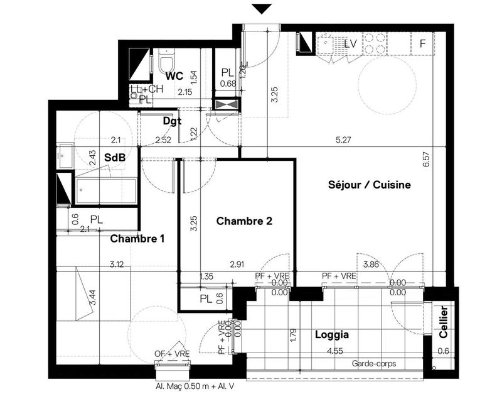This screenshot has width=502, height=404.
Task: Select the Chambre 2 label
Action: click(x=244, y=221)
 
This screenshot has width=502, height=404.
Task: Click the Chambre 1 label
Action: click(x=137, y=239)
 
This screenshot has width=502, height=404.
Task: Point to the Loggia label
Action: click(x=331, y=335)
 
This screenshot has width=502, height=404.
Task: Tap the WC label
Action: click(x=174, y=76)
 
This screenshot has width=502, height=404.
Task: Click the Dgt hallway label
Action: click(x=172, y=121)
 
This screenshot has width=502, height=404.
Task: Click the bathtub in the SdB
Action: click(x=105, y=191)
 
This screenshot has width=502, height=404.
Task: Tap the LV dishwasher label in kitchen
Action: click(x=351, y=44)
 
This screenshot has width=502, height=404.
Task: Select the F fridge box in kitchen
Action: click(x=422, y=43)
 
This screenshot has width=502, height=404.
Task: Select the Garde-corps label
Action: click(x=373, y=364)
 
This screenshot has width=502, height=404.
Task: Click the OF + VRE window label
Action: click(x=172, y=354)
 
